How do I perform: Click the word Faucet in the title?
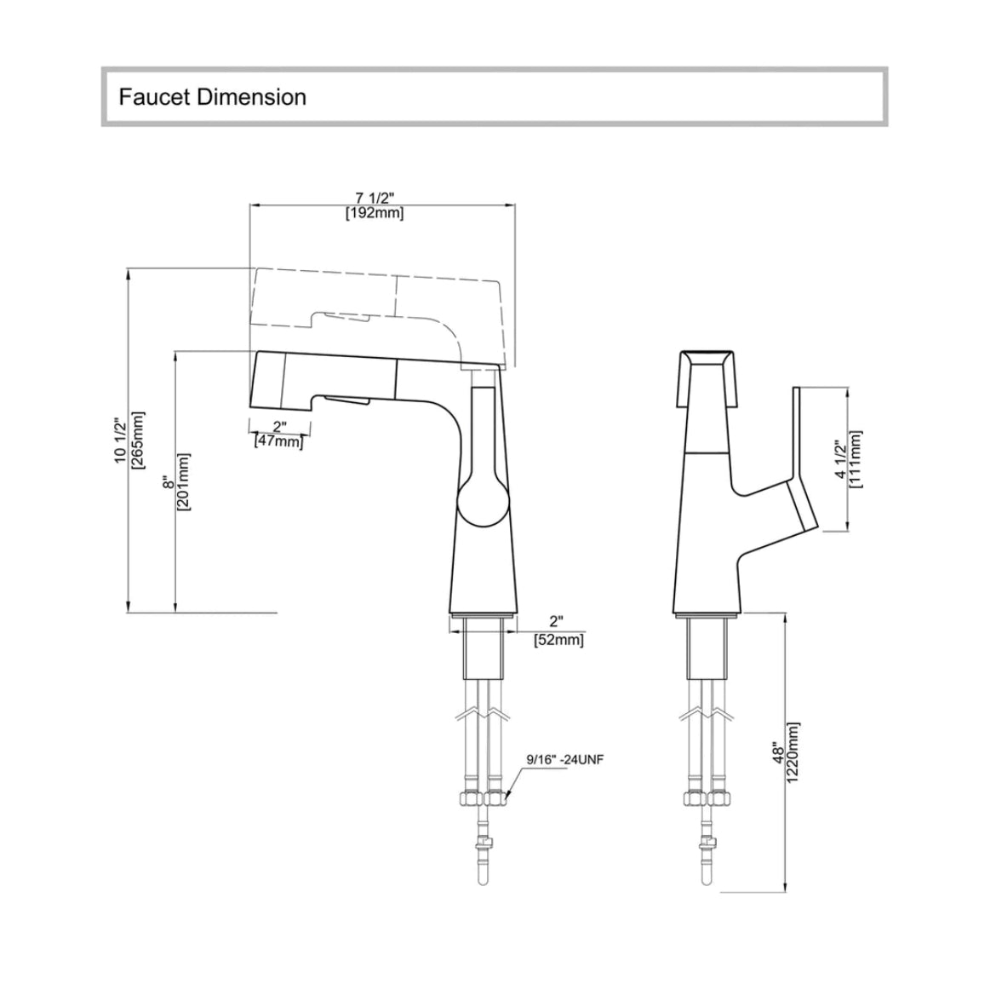pos(154,97)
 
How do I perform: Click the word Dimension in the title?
pos(251,97)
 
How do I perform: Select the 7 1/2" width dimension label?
pos(375,198)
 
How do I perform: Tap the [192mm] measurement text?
pos(375,213)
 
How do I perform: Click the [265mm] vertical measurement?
pos(137,440)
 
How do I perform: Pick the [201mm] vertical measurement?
pos(184,481)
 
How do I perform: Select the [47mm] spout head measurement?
pos(278,440)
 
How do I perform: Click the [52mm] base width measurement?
pos(558,639)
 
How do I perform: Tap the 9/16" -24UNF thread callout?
pos(565,759)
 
